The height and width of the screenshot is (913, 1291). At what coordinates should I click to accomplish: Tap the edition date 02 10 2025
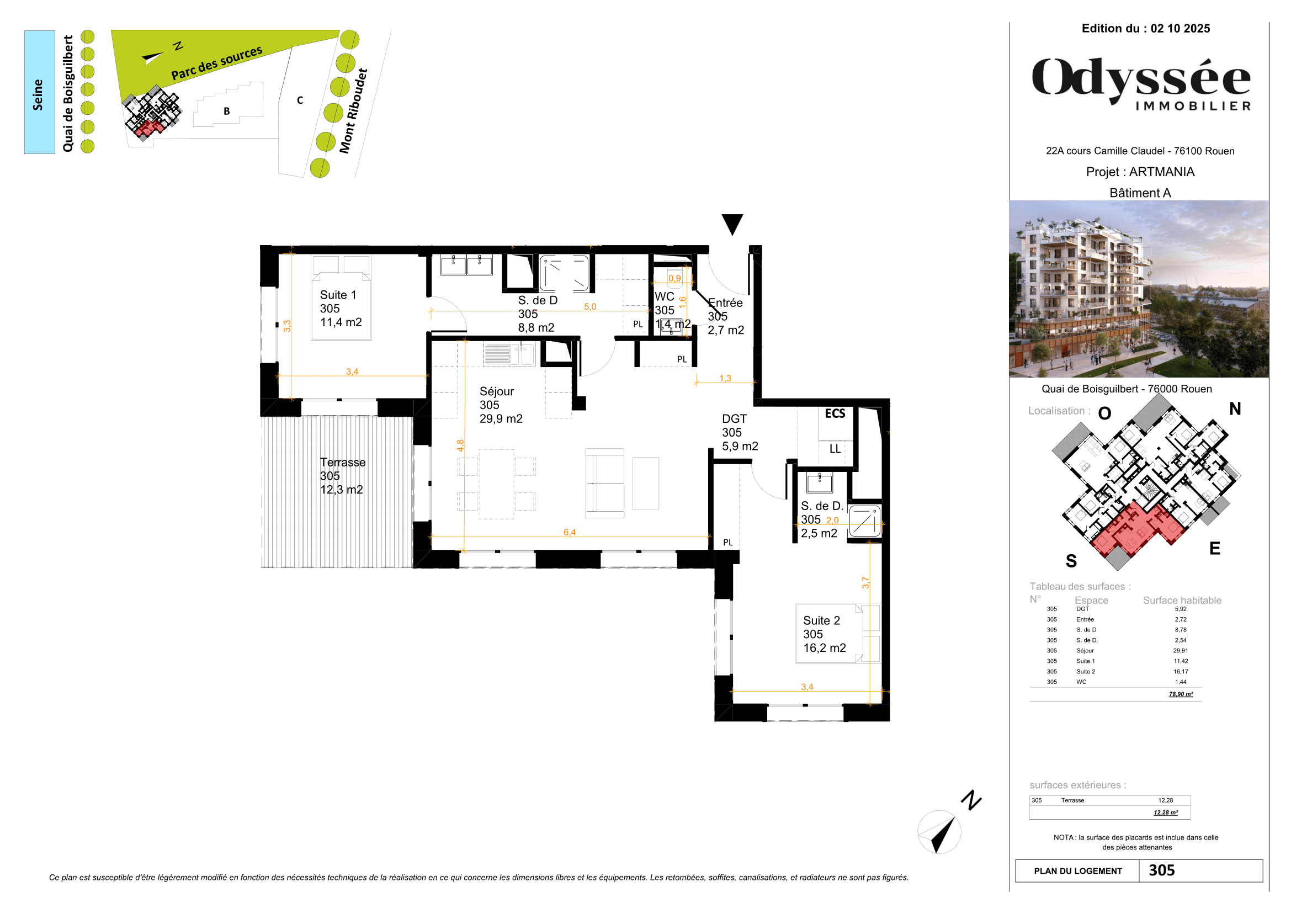click(x=1180, y=29)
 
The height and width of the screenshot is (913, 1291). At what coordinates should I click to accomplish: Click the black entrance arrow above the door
click(x=732, y=224)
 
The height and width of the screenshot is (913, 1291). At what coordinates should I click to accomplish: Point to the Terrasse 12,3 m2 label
click(x=342, y=476)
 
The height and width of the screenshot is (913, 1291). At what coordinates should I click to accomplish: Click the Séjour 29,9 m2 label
click(x=500, y=405)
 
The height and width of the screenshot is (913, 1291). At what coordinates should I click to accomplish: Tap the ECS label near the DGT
click(x=835, y=414)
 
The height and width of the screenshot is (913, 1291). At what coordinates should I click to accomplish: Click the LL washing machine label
click(x=835, y=449)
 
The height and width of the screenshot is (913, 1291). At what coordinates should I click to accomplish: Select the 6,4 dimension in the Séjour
click(x=569, y=532)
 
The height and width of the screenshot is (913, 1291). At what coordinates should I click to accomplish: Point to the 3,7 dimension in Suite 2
click(x=865, y=582)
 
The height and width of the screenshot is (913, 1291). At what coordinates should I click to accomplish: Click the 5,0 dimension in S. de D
click(x=589, y=306)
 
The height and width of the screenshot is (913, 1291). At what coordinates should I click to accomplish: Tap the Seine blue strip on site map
click(x=39, y=92)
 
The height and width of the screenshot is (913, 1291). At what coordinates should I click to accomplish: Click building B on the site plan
click(x=227, y=112)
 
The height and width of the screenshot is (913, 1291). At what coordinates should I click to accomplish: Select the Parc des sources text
click(x=216, y=63)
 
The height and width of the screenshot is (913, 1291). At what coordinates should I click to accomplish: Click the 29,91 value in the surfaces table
click(x=1180, y=650)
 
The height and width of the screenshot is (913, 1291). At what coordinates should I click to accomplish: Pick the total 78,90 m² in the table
click(x=1180, y=694)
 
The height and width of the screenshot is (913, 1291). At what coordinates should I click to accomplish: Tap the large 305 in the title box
click(x=1161, y=870)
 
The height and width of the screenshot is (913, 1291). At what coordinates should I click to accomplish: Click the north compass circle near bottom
click(x=938, y=832)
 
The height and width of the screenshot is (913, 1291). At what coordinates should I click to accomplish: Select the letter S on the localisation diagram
click(x=1071, y=560)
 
